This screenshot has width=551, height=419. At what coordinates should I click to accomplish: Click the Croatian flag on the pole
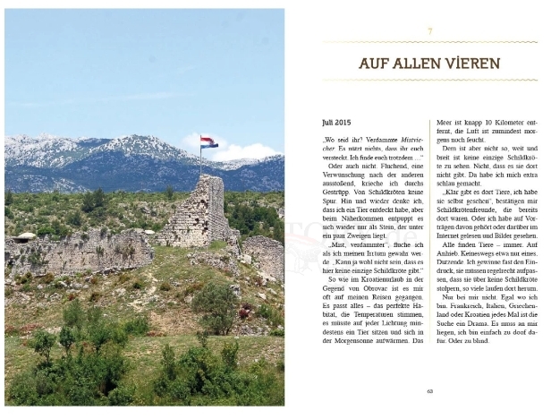coord(208,142)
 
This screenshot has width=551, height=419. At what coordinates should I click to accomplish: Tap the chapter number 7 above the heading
coord(429,32)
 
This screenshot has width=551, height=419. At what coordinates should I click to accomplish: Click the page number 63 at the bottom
coord(429,391)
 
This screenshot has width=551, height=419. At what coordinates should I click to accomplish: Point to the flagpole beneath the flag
coord(200,161)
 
